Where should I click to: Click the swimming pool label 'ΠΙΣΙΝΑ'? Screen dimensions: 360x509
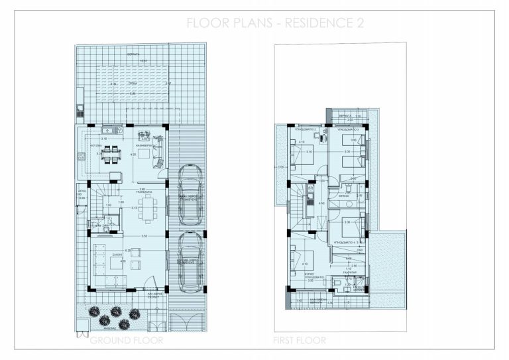pos(133,85)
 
